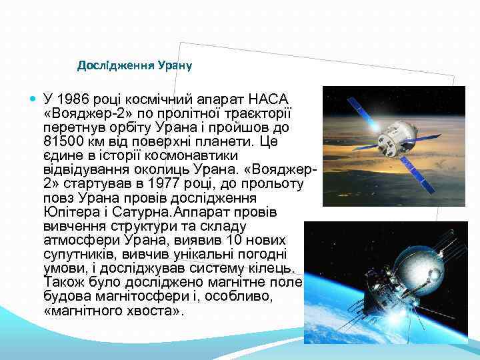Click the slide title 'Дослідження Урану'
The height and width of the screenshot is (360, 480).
(135, 65)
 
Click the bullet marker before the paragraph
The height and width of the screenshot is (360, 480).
(33, 97)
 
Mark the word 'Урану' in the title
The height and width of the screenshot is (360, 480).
(175, 65)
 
